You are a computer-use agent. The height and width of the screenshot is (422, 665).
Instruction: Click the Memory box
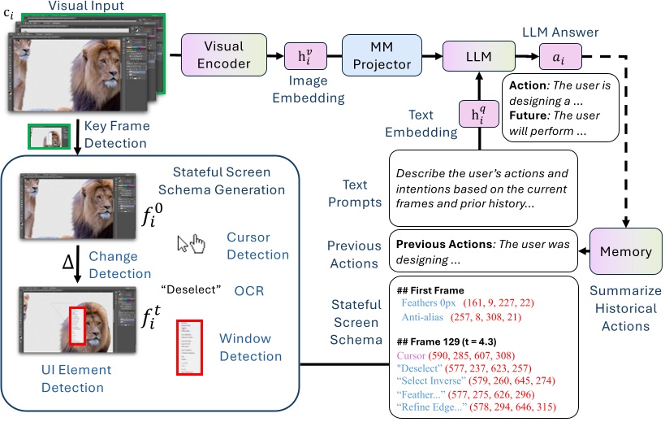[626, 252]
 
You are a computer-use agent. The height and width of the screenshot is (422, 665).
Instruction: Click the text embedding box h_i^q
[477, 115]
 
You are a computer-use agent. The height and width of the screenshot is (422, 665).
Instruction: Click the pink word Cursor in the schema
[412, 355]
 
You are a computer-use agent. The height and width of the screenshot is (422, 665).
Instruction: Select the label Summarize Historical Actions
[625, 308]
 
